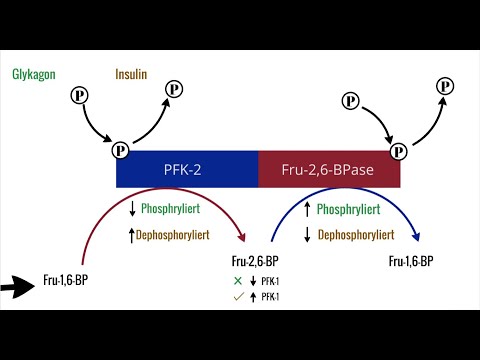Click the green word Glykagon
[34, 75]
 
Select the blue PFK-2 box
[187, 169]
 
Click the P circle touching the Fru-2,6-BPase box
[399, 151]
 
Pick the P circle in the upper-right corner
[444, 86]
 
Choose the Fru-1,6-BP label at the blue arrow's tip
[410, 262]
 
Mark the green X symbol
[237, 280]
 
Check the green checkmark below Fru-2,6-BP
[237, 296]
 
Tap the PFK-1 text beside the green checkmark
[271, 296]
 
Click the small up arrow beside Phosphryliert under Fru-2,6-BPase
[307, 209]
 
